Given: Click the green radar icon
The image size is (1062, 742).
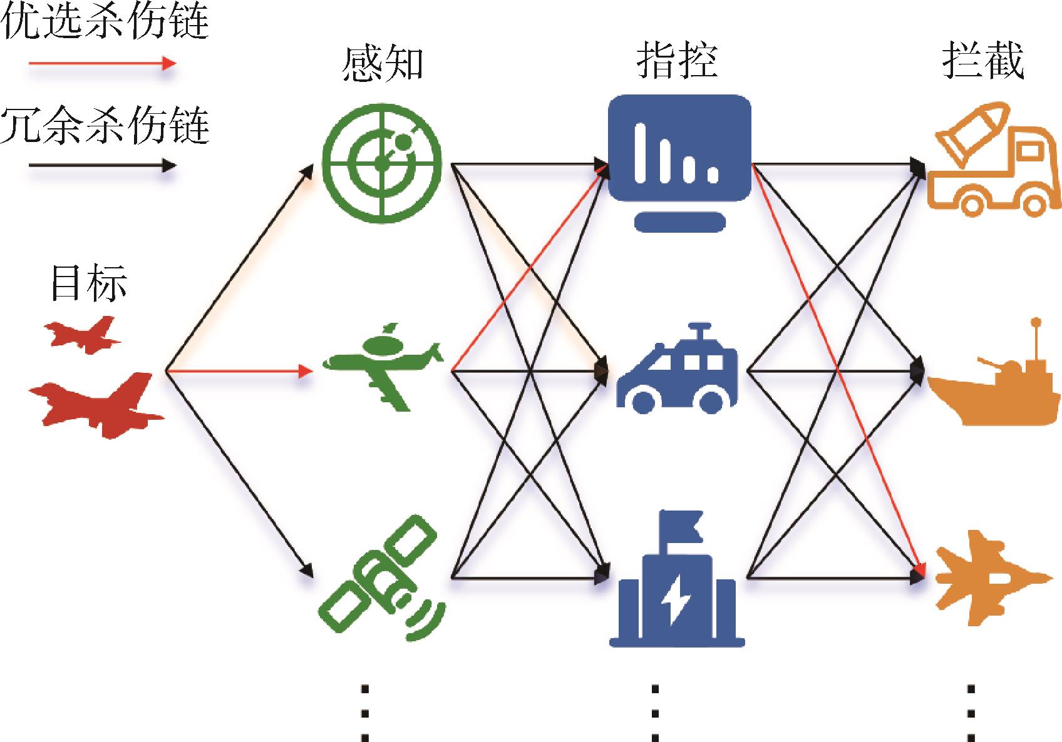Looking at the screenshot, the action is (x=382, y=163).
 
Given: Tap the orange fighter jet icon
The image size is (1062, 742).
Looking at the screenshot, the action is (x=993, y=578).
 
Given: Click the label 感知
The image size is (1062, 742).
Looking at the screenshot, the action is (x=383, y=64).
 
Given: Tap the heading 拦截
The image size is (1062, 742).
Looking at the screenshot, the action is (x=983, y=60).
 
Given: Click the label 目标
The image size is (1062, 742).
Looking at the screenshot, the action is (x=89, y=283).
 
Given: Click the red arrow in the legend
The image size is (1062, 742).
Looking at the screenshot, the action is (x=103, y=63).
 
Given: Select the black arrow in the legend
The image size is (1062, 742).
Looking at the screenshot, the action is (x=103, y=165).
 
